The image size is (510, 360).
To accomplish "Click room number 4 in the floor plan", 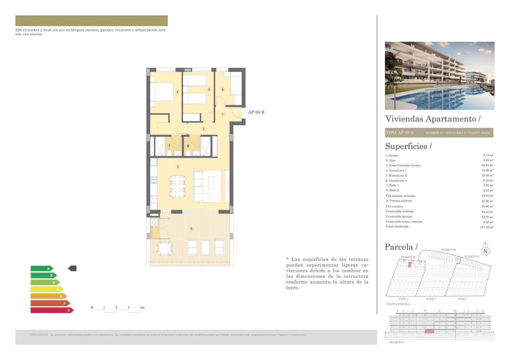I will tap(178, 92).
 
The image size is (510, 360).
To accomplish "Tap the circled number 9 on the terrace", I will tap(191, 228).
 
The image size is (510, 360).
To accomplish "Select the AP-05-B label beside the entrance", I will tap(256, 112).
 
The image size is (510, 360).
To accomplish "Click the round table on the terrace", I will tap(165, 248).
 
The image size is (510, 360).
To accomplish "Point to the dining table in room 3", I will tap(178, 186).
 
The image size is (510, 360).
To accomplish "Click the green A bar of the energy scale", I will tap(42, 269).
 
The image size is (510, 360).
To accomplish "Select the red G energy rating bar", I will tap(52, 310).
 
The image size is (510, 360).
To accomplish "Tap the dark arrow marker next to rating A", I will tap(72, 269).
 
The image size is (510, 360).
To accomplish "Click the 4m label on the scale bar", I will tap(142, 307).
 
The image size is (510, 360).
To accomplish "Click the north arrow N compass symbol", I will tap(485, 250).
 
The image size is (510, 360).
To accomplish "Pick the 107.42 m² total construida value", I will tap(486, 227).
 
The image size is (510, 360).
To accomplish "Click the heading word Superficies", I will tap(406, 146).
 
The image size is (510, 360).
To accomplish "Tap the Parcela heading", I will tap(398, 247).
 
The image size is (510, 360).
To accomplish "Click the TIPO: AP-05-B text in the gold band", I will tap(400, 133).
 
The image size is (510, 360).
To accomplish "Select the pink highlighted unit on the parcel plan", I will tap(410, 264).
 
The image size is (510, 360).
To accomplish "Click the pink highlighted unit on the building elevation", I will tap(429, 332).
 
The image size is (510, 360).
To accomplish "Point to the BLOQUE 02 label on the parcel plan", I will tap(448, 250).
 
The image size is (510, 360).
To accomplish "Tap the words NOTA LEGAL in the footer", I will tap(39, 335).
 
